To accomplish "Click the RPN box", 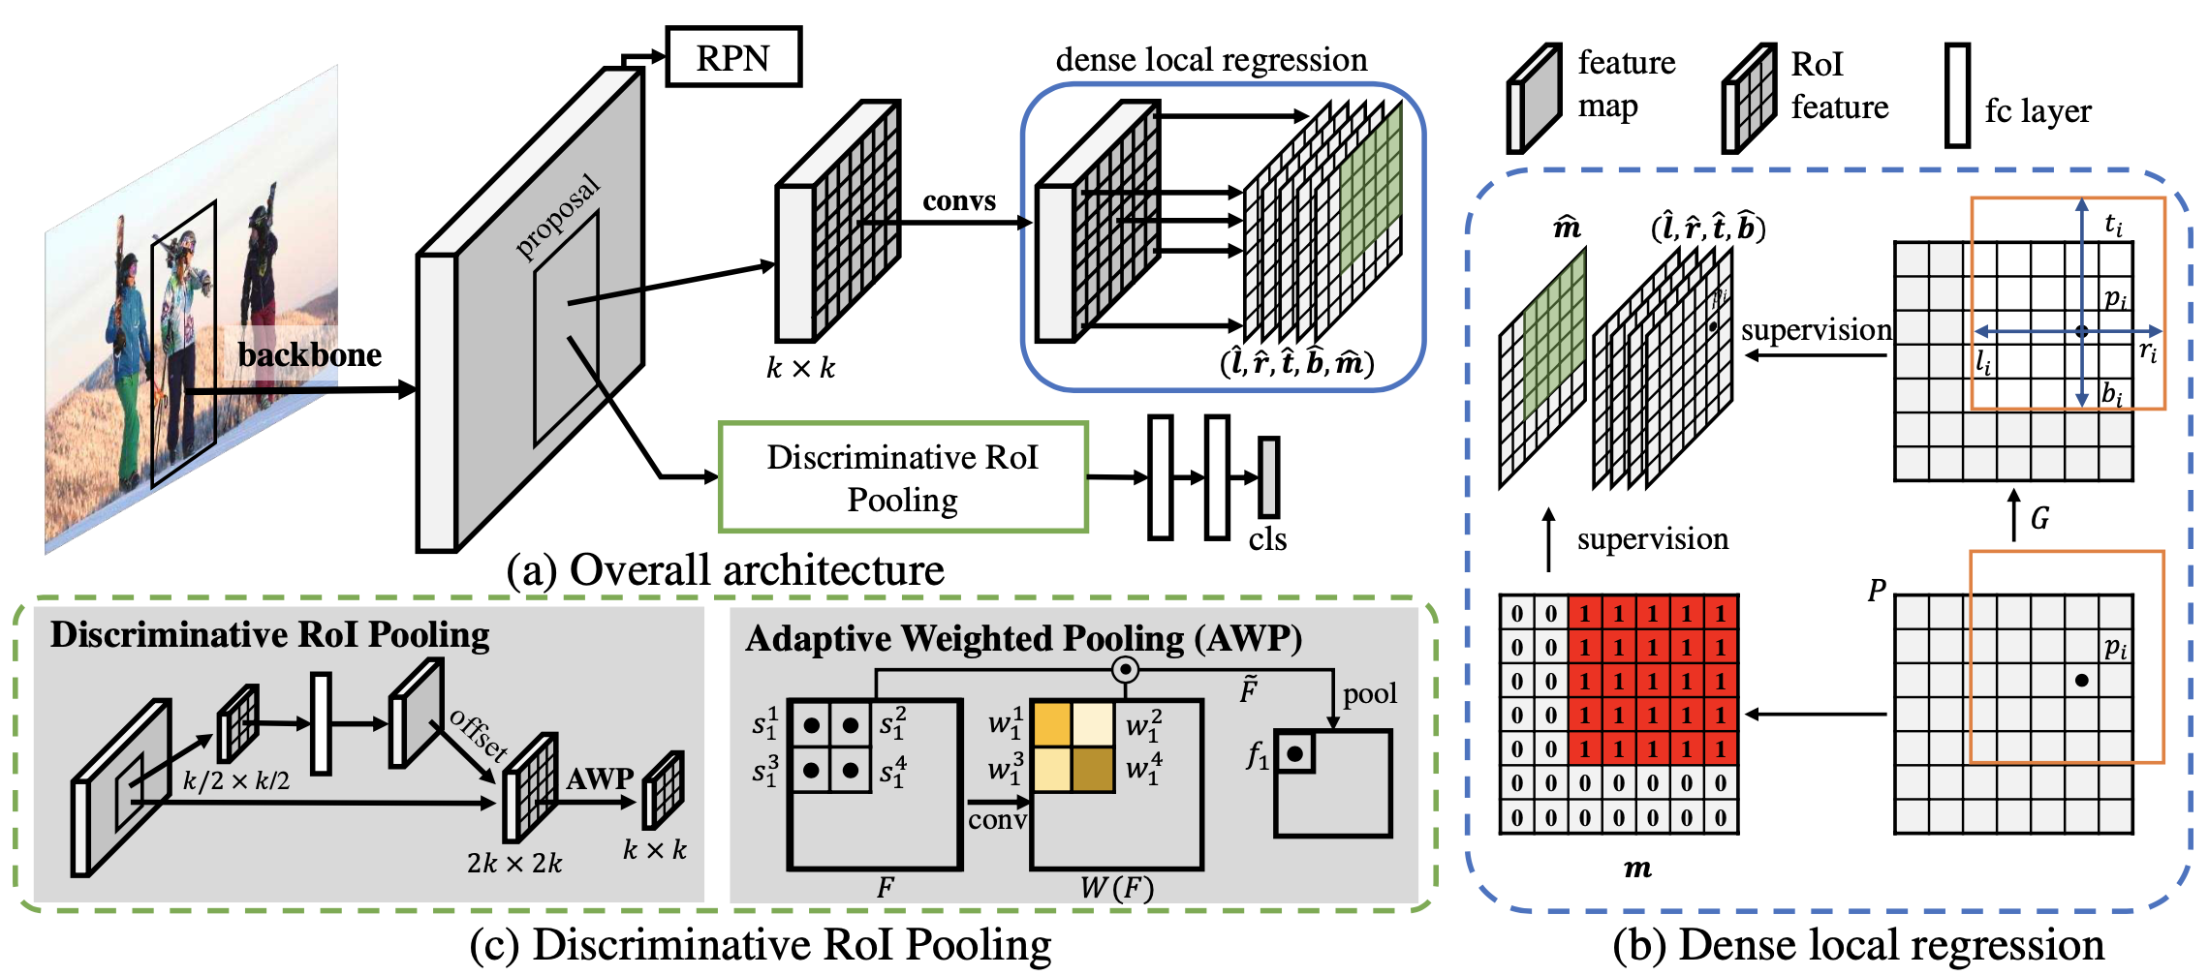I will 733,57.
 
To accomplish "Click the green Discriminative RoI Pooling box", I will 902,477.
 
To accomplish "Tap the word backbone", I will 310,355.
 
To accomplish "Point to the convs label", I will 958,200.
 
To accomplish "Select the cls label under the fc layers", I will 1267,538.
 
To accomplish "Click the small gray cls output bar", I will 1268,477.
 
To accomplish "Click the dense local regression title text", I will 1211,60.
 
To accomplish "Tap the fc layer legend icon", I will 1957,95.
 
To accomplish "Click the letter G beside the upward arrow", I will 2039,519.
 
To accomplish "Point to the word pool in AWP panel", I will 1369,693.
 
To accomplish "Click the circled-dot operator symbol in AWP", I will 1124,669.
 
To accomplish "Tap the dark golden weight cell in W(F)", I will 1093,770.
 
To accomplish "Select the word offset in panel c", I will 479,733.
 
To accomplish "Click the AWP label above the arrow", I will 600,778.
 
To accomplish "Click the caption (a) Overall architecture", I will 725,569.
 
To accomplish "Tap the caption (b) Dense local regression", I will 1858,945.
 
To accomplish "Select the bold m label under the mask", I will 1637,868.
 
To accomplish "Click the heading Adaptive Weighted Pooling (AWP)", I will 1023,638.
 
